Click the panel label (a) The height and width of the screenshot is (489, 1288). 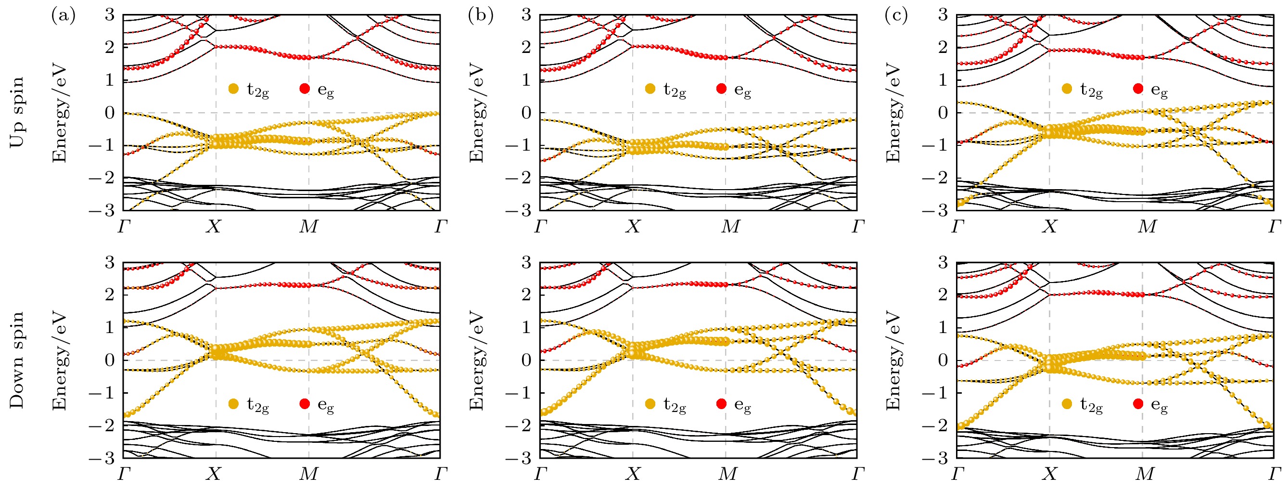coord(63,16)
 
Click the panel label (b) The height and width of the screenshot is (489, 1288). coord(481,16)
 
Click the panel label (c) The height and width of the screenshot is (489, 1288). coord(897,16)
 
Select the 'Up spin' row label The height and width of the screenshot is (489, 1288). coord(17,113)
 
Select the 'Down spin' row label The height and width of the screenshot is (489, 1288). coord(17,360)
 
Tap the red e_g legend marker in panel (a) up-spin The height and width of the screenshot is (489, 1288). coord(305,89)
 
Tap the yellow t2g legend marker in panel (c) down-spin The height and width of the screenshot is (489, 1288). coord(1067,404)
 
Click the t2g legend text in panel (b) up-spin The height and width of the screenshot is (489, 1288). coord(675,90)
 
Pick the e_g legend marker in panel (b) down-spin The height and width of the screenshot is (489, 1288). coord(721,404)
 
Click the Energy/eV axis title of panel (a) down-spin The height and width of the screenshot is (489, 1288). coord(61,360)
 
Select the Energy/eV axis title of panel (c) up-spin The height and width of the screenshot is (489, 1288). coord(894,113)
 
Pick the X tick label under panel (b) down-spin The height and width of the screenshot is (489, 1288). coord(633,474)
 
